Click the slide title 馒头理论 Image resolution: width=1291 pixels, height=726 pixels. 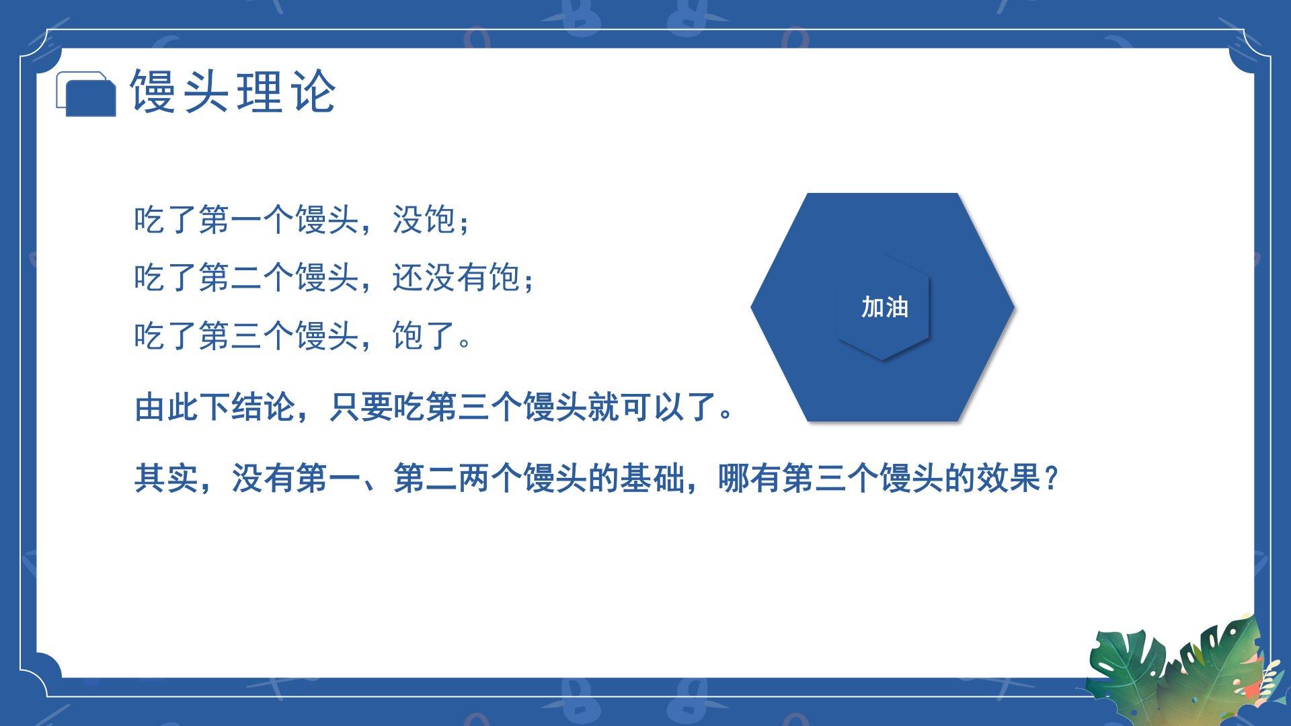pyautogui.click(x=233, y=91)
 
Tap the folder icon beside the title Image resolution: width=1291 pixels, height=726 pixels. pyautogui.click(x=85, y=93)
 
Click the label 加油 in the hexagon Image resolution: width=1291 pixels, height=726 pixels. pyautogui.click(x=884, y=307)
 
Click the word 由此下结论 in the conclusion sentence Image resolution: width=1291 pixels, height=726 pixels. pyautogui.click(x=214, y=407)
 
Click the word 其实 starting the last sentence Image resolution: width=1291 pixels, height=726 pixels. pyautogui.click(x=166, y=479)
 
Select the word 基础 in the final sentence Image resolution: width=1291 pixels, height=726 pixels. pyautogui.click(x=652, y=479)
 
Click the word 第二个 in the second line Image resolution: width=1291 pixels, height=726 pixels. pyautogui.click(x=247, y=278)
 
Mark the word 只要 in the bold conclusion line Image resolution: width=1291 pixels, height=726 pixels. pyautogui.click(x=360, y=407)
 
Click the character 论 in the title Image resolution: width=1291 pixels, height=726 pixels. pyautogui.click(x=313, y=91)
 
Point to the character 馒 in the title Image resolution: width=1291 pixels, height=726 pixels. pyautogui.click(x=153, y=91)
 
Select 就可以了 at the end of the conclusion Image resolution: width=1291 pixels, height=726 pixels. pyautogui.click(x=651, y=407)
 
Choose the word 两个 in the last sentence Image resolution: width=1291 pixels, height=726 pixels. pyautogui.click(x=490, y=479)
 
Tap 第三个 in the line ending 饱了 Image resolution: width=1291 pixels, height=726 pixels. pyautogui.click(x=247, y=335)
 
